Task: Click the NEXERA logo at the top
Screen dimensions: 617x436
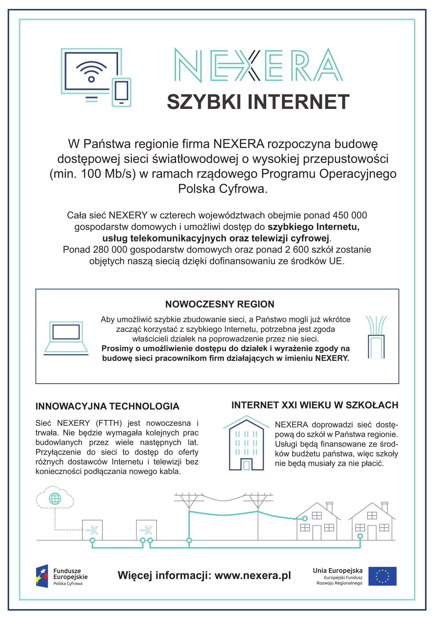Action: point(258,65)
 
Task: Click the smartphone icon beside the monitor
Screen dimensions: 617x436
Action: point(121,92)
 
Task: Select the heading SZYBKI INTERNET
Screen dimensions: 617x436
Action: point(258,102)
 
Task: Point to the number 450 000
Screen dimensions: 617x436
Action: point(350,216)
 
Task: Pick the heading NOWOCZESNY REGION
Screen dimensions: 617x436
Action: point(220,304)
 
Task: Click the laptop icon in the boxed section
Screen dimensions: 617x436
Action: point(66,338)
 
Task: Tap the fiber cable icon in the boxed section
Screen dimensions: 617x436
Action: point(376,337)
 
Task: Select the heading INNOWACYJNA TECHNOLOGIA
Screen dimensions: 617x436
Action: point(107,406)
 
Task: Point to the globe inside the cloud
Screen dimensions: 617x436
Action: point(55,499)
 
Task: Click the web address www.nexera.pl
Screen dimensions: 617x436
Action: point(253,576)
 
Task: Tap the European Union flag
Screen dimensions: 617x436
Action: point(382,576)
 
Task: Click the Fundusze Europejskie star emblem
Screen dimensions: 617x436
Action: point(42,576)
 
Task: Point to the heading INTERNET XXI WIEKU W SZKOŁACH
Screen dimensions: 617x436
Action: point(315,405)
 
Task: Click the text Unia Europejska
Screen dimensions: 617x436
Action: point(337,571)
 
